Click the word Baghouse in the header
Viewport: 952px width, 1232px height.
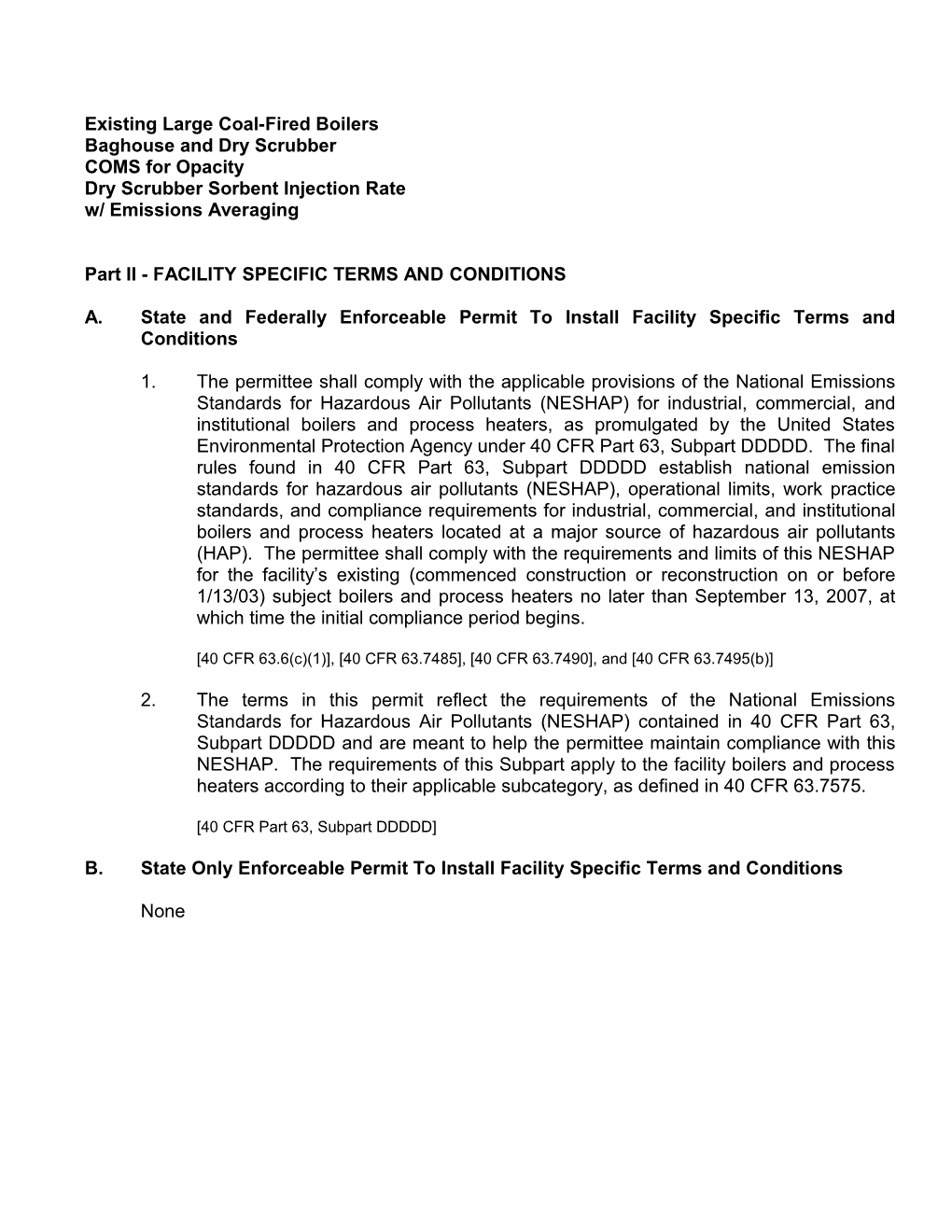pos(123,146)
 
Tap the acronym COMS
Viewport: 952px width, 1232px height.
pos(112,167)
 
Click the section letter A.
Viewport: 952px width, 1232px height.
pos(92,317)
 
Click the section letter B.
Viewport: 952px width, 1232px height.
pos(92,869)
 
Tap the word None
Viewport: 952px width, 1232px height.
pos(162,912)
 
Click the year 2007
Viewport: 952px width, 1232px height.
pos(830,596)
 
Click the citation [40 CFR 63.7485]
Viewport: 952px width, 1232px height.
pos(402,659)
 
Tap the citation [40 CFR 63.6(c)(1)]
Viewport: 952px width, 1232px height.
pos(266,659)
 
